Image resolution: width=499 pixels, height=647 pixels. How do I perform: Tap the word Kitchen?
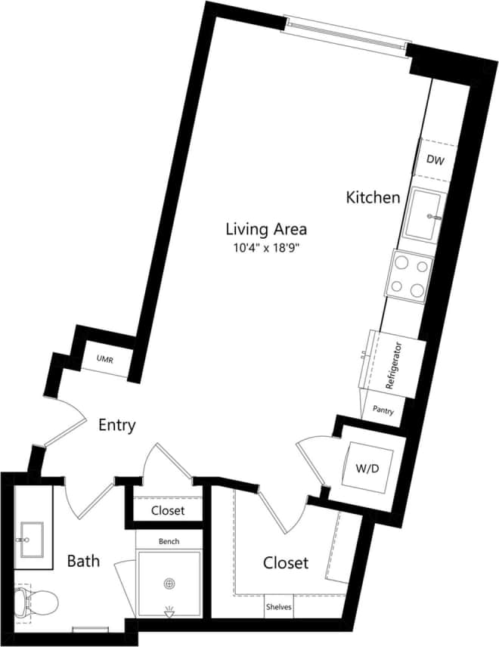click(x=373, y=198)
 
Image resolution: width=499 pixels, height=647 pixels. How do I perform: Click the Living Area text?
click(x=266, y=228)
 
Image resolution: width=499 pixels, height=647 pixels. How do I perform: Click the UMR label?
click(x=104, y=361)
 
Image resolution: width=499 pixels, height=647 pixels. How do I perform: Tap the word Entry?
click(x=117, y=426)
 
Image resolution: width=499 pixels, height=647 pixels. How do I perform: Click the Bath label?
click(x=83, y=562)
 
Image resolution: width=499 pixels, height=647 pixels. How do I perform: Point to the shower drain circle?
click(x=169, y=583)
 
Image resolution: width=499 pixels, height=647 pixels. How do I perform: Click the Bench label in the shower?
click(x=169, y=542)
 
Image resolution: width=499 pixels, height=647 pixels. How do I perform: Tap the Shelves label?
click(x=277, y=606)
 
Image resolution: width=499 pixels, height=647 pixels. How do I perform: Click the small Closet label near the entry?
click(x=168, y=510)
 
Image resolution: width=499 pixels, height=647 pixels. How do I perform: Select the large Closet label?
click(x=286, y=563)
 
